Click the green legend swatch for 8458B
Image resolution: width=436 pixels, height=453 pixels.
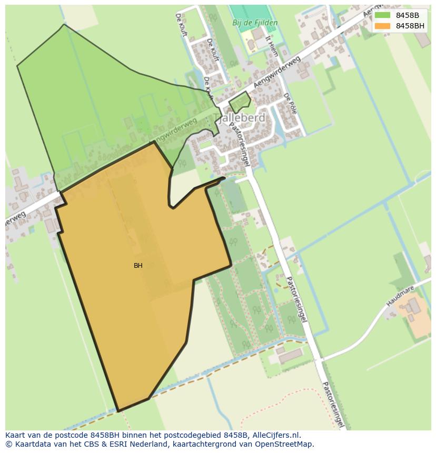pos(382,15)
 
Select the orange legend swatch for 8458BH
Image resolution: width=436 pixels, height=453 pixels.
pos(382,26)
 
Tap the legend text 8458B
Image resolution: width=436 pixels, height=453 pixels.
pos(408,15)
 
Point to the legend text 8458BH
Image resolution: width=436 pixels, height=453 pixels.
pos(410,26)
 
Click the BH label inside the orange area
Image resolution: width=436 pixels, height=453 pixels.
pos(138,266)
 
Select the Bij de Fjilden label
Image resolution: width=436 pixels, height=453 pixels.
pos(255,23)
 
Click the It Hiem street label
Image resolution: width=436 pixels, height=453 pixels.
pos(272,46)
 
